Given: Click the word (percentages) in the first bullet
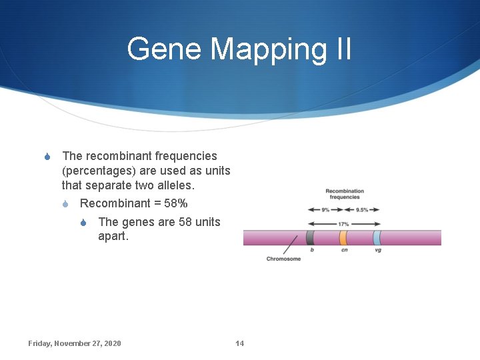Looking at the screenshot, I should tap(98, 171).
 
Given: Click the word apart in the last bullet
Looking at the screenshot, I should tap(114, 236).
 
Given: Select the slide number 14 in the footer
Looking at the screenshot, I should tap(240, 343).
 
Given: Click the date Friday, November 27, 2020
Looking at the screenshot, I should tap(75, 343).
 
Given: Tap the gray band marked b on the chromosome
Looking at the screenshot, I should tap(310, 237).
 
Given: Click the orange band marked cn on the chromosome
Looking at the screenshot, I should tap(343, 237).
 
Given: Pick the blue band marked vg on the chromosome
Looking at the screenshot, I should tap(377, 237).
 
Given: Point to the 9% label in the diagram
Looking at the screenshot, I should tap(325, 209).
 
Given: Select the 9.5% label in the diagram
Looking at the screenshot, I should tap(362, 209).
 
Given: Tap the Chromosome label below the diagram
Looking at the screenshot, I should tap(283, 259).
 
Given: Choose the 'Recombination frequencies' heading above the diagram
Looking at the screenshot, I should tap(344, 194).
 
